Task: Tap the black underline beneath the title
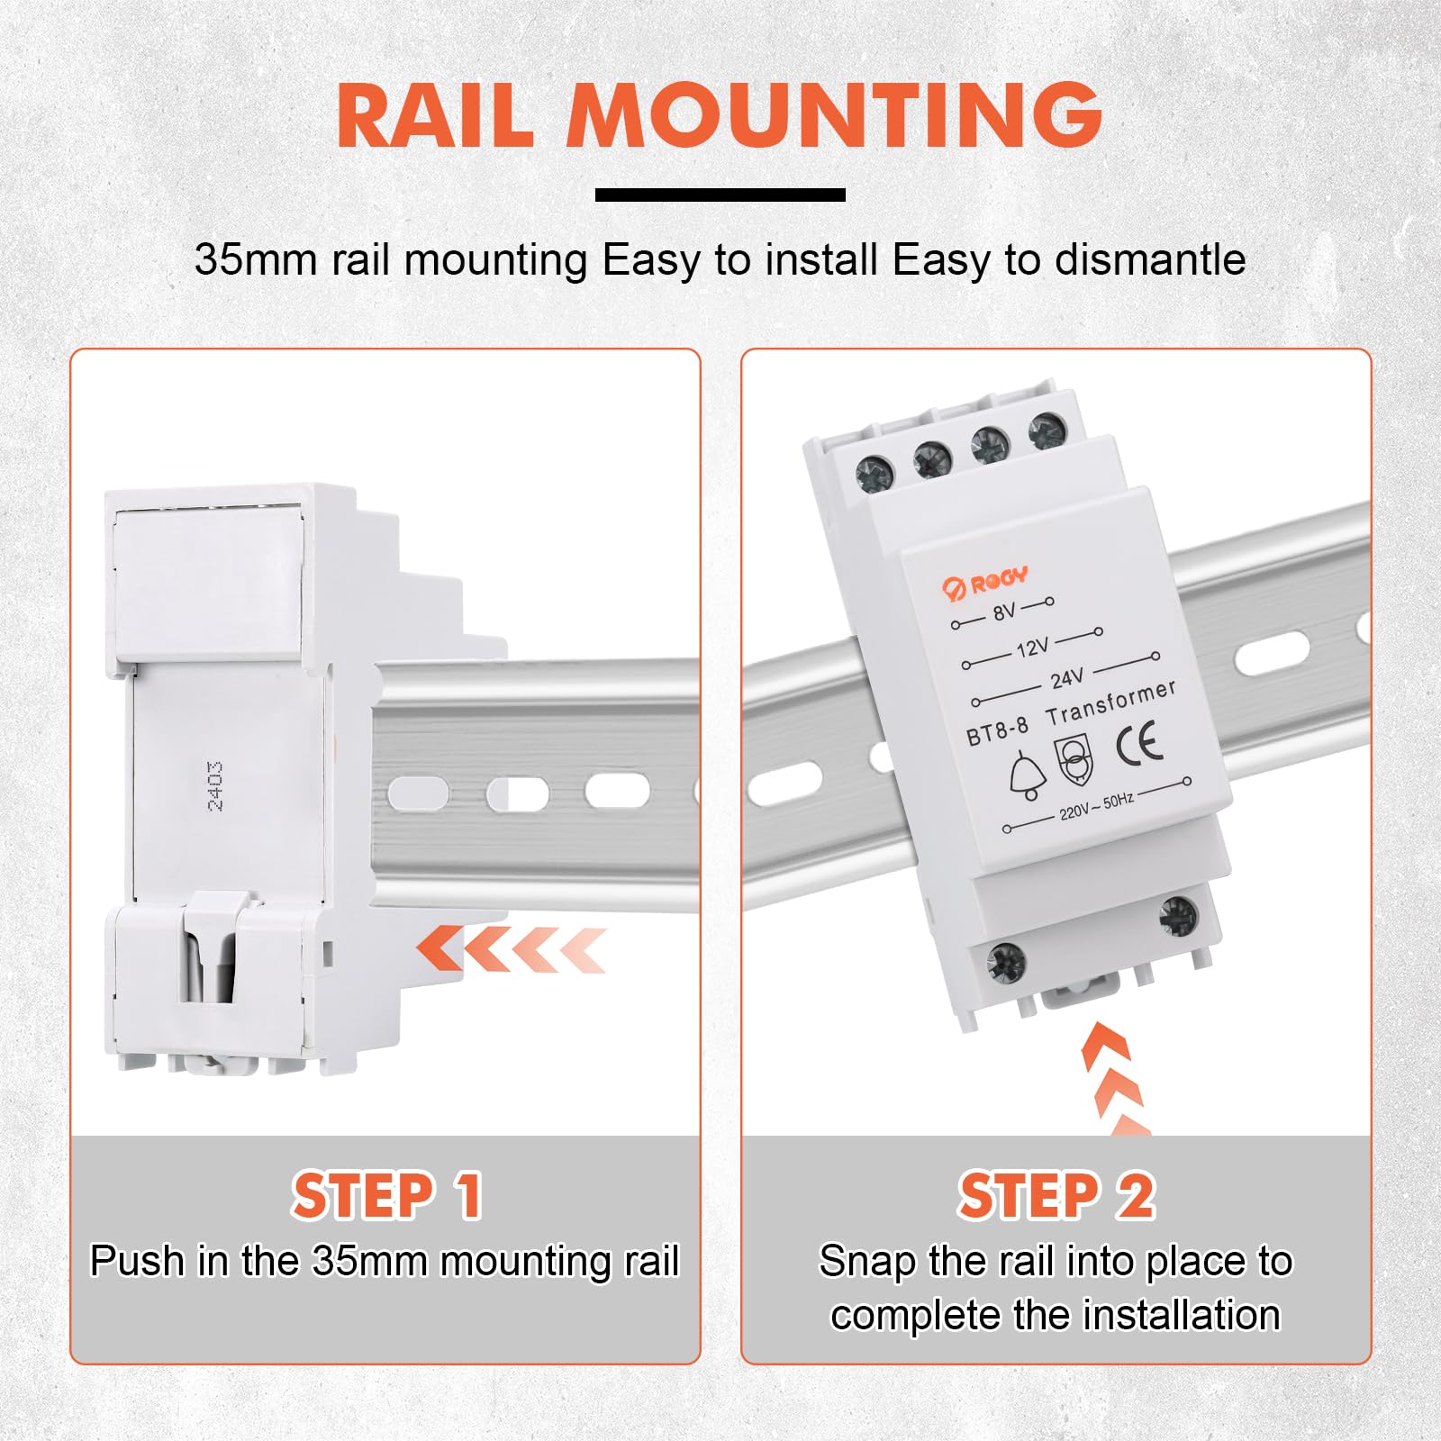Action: pyautogui.click(x=720, y=195)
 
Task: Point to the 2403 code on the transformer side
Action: pyautogui.click(x=214, y=785)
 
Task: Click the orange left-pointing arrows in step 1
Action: pyautogui.click(x=511, y=948)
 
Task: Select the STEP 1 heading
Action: pyautogui.click(x=387, y=1196)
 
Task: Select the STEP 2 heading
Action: pyautogui.click(x=1056, y=1196)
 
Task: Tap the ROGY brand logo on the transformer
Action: pyautogui.click(x=984, y=582)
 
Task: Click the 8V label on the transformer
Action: pyautogui.click(x=1003, y=612)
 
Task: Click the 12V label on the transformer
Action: pyautogui.click(x=1032, y=647)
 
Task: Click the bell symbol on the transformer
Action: pyautogui.click(x=1027, y=776)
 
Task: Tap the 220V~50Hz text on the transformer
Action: pyautogui.click(x=1096, y=806)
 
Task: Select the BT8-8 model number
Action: pyautogui.click(x=997, y=731)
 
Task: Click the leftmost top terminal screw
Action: pyautogui.click(x=874, y=473)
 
